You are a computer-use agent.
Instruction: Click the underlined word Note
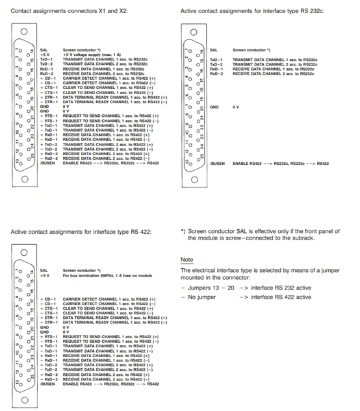click(186, 260)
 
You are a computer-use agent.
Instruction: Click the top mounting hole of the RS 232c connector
click(193, 31)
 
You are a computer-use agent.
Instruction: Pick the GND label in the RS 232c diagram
click(214, 106)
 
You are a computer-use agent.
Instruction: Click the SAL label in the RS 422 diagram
click(44, 270)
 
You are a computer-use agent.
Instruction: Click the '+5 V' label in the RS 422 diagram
click(45, 275)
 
